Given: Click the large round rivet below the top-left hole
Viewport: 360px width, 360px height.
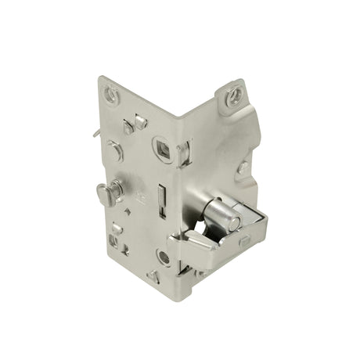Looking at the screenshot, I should (x=114, y=151).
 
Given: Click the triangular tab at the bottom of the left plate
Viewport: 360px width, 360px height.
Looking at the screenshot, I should (x=153, y=275).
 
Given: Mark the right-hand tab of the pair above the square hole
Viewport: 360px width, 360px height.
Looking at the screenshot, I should (x=141, y=121).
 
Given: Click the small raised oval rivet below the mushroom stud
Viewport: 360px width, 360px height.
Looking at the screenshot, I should (x=117, y=229).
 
